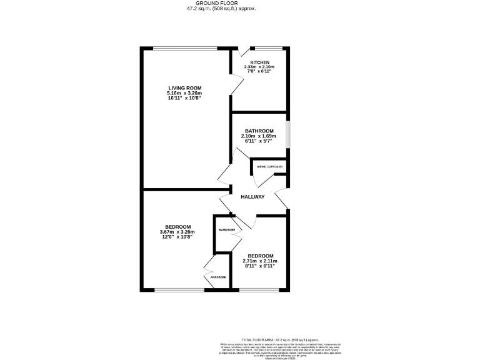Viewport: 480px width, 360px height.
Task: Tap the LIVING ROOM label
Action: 184,87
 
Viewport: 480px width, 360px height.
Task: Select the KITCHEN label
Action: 260,63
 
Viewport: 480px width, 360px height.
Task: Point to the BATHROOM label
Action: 259,131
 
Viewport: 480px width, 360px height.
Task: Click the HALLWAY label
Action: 253,197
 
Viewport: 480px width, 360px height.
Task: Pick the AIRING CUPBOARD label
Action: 270,167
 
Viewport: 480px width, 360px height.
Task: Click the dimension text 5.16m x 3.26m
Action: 184,93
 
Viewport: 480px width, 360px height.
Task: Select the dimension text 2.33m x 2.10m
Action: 260,68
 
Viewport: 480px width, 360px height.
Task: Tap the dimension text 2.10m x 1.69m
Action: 259,136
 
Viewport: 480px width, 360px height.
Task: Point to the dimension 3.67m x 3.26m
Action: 177,232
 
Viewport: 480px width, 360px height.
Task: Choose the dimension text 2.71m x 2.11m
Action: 260,261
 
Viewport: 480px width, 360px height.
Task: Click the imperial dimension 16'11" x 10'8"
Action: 184,98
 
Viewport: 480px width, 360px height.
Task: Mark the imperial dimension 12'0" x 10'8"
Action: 177,237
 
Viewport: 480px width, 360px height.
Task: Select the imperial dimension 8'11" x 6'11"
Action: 260,266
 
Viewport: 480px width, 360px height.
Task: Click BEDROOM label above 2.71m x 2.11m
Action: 260,256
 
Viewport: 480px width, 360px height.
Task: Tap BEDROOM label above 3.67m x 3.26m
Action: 177,226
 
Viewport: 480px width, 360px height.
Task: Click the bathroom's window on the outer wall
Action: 288,132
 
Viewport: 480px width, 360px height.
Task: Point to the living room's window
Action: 186,48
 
